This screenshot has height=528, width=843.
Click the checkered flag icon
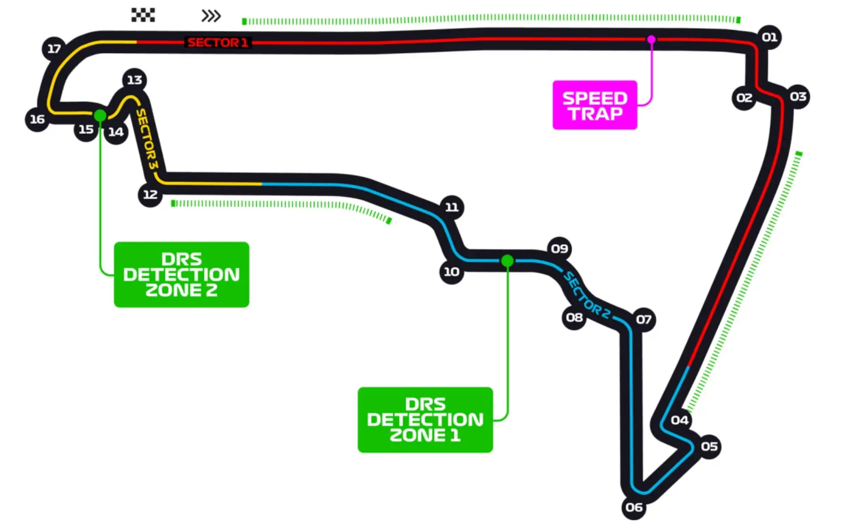tap(143, 15)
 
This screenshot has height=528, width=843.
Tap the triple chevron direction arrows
tap(211, 16)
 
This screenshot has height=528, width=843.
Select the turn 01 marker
tap(769, 37)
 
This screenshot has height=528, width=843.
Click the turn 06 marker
tap(634, 507)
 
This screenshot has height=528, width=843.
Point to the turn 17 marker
tap(54, 49)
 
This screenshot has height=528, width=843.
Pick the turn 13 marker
tap(135, 80)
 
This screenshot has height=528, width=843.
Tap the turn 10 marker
tap(451, 272)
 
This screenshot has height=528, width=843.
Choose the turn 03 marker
tap(798, 97)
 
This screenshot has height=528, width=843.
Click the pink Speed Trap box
tap(595, 105)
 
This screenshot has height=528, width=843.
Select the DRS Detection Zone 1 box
tap(425, 420)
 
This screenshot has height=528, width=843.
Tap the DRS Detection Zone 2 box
tap(182, 275)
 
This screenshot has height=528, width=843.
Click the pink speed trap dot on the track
tap(651, 39)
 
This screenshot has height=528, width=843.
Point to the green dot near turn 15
tap(100, 116)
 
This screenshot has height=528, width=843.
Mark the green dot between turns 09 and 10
tap(507, 261)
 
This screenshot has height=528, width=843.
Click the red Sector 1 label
tap(218, 43)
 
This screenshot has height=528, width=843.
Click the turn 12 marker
tap(150, 195)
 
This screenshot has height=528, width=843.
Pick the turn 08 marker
tap(574, 318)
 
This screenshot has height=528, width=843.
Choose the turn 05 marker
tap(709, 446)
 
